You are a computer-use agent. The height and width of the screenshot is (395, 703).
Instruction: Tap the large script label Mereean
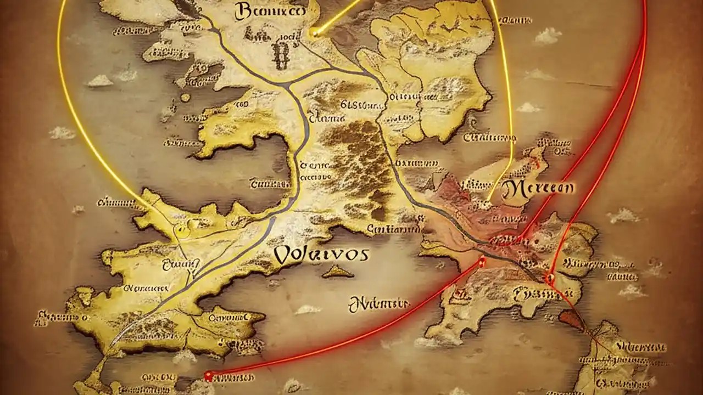click(538, 188)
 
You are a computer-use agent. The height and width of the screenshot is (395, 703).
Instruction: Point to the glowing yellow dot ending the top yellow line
click(314, 33)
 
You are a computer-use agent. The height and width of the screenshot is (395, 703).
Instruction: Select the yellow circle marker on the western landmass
click(182, 231)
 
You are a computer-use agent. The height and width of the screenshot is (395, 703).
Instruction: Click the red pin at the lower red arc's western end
click(208, 376)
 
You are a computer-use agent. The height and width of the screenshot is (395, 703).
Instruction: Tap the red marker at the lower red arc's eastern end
click(482, 262)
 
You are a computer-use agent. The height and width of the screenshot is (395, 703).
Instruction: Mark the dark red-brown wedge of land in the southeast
click(571, 319)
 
